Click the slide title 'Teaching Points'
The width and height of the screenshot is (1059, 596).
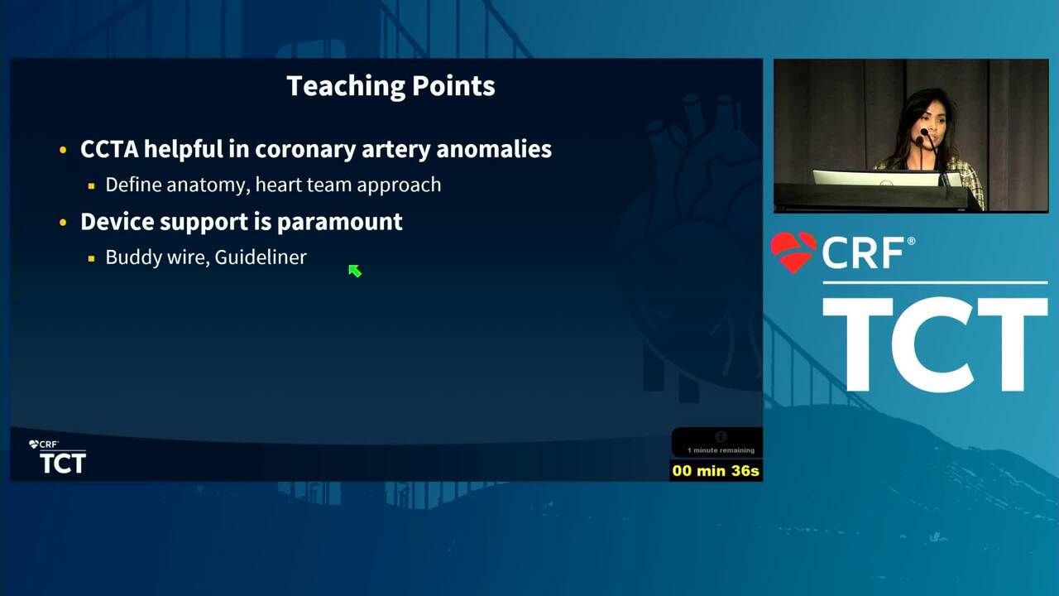click(x=391, y=87)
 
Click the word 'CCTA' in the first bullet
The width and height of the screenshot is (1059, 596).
click(x=109, y=149)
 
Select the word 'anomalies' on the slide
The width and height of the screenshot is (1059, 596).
click(x=494, y=149)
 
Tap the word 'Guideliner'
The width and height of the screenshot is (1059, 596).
click(x=261, y=257)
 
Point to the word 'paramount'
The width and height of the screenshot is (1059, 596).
click(x=339, y=223)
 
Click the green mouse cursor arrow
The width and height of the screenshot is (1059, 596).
click(x=355, y=271)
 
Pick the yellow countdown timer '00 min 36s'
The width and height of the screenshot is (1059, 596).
click(x=716, y=471)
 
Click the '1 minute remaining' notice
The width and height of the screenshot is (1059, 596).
click(x=721, y=449)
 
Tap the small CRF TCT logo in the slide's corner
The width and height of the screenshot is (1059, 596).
click(x=58, y=457)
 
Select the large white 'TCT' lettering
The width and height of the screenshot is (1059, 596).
click(x=935, y=344)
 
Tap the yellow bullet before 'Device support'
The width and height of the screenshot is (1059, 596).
click(x=63, y=223)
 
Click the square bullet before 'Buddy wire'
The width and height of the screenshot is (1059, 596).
click(x=91, y=258)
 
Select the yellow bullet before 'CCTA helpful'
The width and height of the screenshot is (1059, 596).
click(x=63, y=151)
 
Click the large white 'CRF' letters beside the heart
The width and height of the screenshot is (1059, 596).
click(x=863, y=253)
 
